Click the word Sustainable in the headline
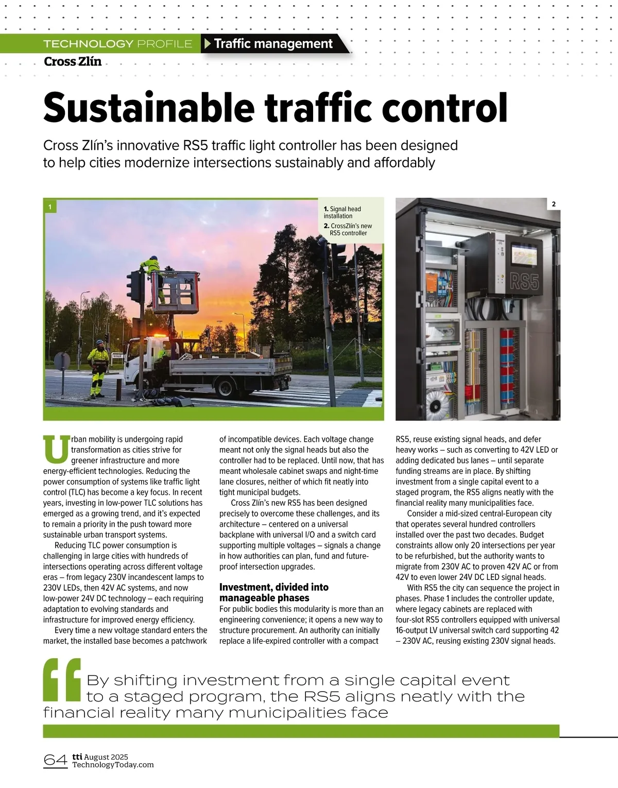[149, 108]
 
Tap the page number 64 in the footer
[56, 760]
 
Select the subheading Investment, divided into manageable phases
[273, 592]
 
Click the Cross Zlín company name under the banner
[73, 61]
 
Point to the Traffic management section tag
[273, 44]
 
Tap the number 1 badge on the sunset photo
[50, 207]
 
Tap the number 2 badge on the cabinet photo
[554, 204]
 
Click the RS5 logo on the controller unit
[524, 282]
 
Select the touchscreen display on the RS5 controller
[523, 255]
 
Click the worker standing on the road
[98, 368]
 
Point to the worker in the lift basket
[154, 278]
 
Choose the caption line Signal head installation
[342, 212]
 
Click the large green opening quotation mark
[62, 680]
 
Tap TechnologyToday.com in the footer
[113, 765]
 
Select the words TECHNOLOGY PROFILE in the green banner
[117, 44]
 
